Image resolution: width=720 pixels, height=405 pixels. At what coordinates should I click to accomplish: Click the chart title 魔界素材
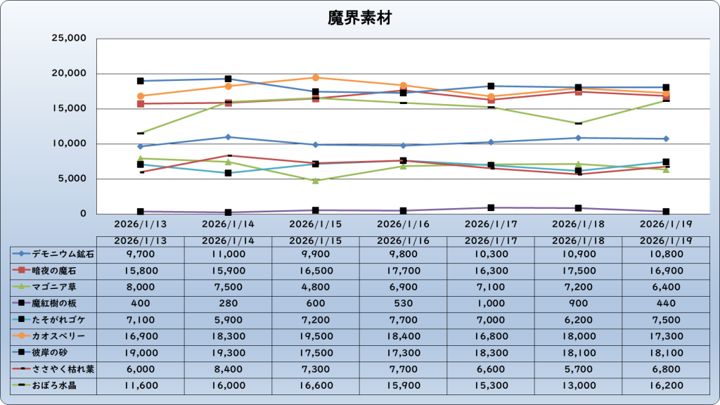click(359, 17)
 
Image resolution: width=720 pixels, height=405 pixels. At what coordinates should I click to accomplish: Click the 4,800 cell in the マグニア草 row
click(316, 286)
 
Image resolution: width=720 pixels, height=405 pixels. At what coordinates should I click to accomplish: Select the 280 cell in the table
click(228, 303)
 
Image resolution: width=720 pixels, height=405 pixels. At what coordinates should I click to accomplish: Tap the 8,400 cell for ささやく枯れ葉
click(228, 369)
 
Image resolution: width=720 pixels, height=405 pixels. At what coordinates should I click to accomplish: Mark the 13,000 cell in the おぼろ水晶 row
click(578, 385)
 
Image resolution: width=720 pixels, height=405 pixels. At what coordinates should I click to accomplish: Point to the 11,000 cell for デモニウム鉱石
click(228, 253)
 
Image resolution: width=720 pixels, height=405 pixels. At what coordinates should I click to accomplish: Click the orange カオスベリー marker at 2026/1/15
click(316, 77)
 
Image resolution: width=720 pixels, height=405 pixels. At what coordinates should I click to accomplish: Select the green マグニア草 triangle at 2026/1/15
click(316, 181)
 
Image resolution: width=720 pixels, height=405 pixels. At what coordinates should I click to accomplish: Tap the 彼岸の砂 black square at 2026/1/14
click(228, 79)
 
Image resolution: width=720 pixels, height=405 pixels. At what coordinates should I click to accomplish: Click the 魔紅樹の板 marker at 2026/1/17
click(491, 208)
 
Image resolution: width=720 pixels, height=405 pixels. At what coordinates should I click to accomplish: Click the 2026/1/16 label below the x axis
click(403, 224)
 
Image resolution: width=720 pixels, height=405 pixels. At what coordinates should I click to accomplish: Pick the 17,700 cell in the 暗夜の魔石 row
click(403, 270)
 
